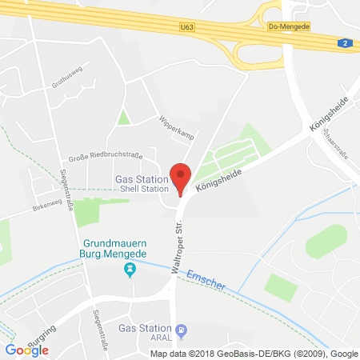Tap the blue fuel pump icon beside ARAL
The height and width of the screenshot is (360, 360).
(x=181, y=329)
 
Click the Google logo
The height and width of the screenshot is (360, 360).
(x=26, y=349)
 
